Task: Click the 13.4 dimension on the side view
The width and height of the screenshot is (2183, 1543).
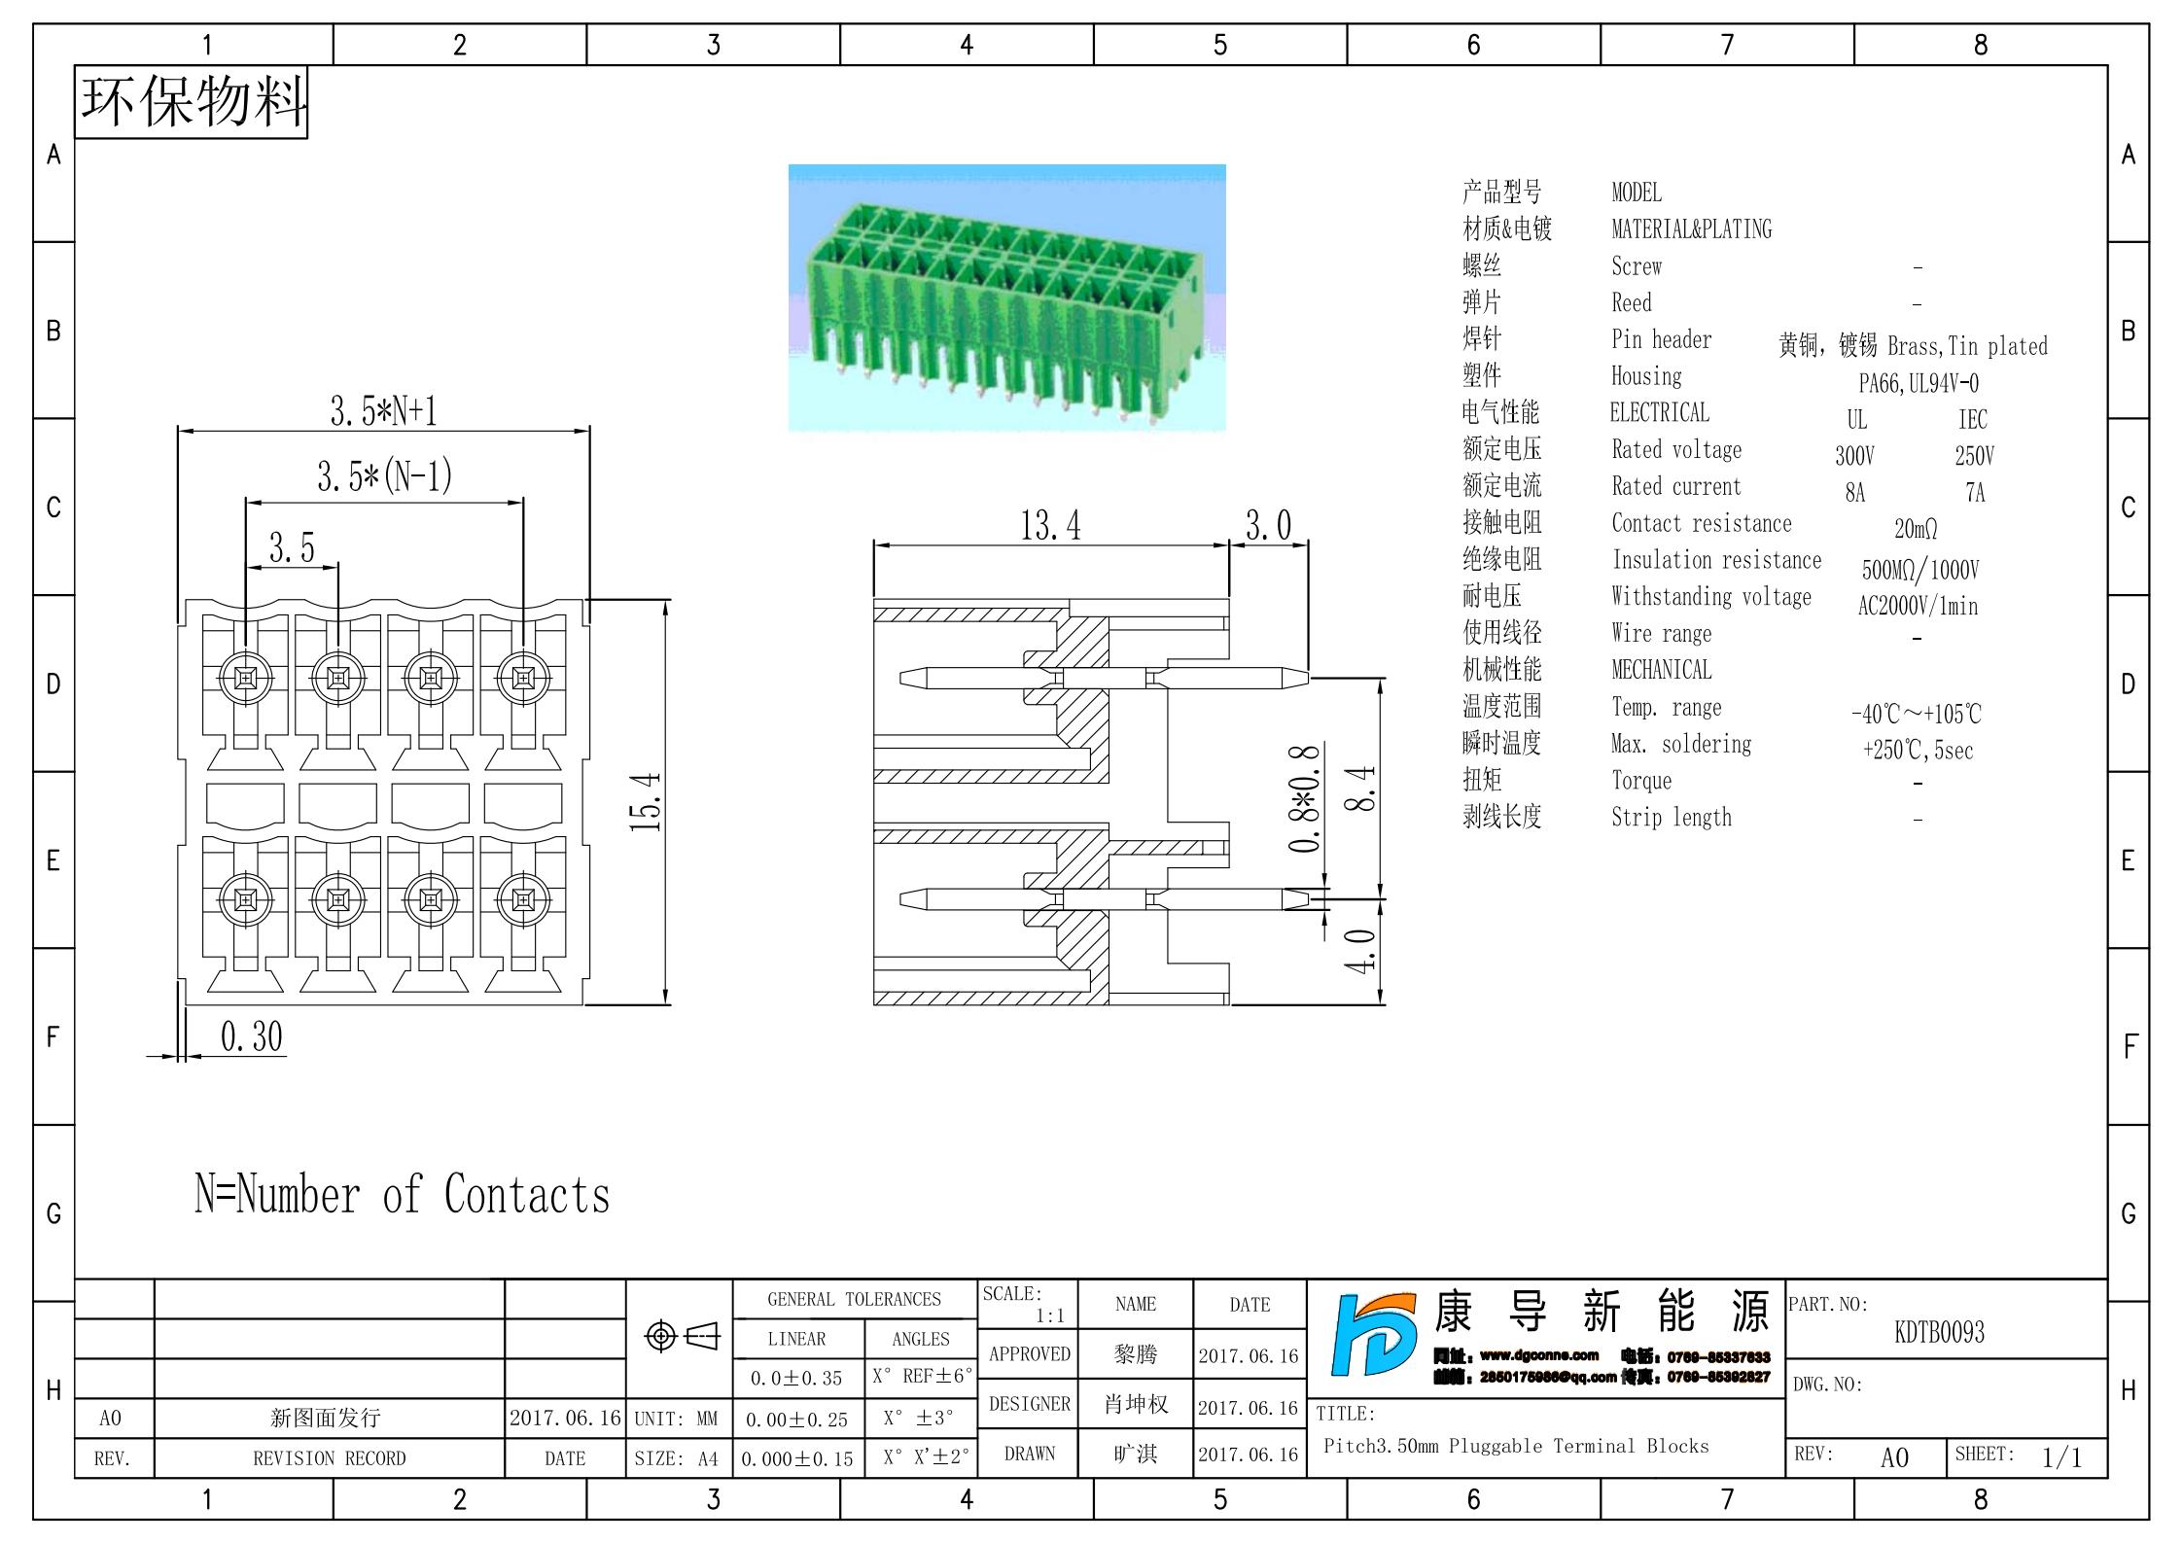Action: tap(1049, 526)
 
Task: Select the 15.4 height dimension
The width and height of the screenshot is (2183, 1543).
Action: tap(646, 802)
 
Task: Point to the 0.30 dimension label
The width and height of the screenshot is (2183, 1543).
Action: tap(251, 1036)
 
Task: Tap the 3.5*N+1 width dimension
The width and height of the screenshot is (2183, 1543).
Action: tap(383, 411)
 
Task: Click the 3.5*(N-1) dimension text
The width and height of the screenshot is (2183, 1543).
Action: tap(384, 476)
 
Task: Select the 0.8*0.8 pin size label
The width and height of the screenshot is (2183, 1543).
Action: tap(1304, 798)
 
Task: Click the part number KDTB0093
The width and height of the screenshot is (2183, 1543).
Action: tap(1939, 1332)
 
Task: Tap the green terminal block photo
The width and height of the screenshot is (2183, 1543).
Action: tap(1006, 298)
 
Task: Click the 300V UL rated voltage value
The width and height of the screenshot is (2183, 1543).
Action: tap(1854, 456)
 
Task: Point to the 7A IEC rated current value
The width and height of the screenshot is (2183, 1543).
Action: tap(1975, 493)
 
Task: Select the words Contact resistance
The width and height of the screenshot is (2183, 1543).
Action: tap(1701, 523)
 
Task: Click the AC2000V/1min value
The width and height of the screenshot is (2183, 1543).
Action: tap(1918, 606)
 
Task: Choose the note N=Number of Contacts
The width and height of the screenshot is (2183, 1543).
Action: tap(402, 1194)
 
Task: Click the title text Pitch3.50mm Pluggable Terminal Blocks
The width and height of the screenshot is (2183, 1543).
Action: tap(1515, 1446)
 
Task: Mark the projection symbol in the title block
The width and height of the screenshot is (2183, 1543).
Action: tap(681, 1337)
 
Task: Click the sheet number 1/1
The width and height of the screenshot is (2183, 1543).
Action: tap(2061, 1457)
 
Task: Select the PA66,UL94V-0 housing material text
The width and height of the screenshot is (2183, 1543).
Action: tap(1918, 383)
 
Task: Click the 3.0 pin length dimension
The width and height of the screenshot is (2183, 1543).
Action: tap(1268, 526)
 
